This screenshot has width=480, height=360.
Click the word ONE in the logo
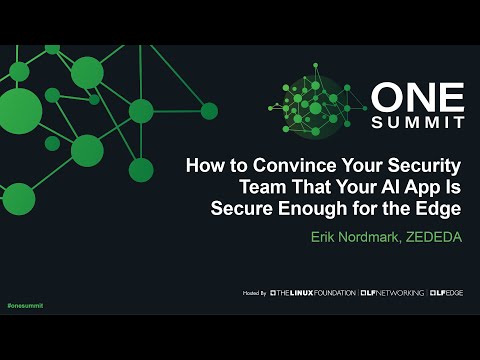coord(417,98)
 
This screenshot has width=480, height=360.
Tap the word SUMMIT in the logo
coord(417,122)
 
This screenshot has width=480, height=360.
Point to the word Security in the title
coord(421,166)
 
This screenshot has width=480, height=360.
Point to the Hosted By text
coord(254,293)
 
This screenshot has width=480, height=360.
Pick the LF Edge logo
coord(446,293)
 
